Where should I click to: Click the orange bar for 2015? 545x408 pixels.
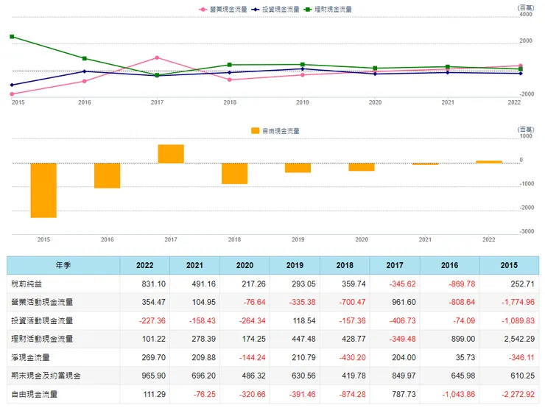click(x=43, y=190)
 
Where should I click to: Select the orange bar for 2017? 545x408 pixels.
click(x=171, y=154)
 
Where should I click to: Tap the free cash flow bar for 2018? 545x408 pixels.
click(x=234, y=173)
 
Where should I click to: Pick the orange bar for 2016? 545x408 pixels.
click(x=107, y=175)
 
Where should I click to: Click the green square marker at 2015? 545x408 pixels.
click(x=12, y=36)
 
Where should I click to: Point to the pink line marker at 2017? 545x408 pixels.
click(x=157, y=57)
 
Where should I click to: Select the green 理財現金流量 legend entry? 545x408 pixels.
click(x=332, y=10)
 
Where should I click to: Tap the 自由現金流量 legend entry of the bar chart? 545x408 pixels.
click(x=275, y=130)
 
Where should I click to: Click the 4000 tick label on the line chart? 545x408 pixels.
click(x=526, y=15)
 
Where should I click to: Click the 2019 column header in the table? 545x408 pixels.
click(x=293, y=265)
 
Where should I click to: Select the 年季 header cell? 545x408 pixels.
click(x=63, y=265)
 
